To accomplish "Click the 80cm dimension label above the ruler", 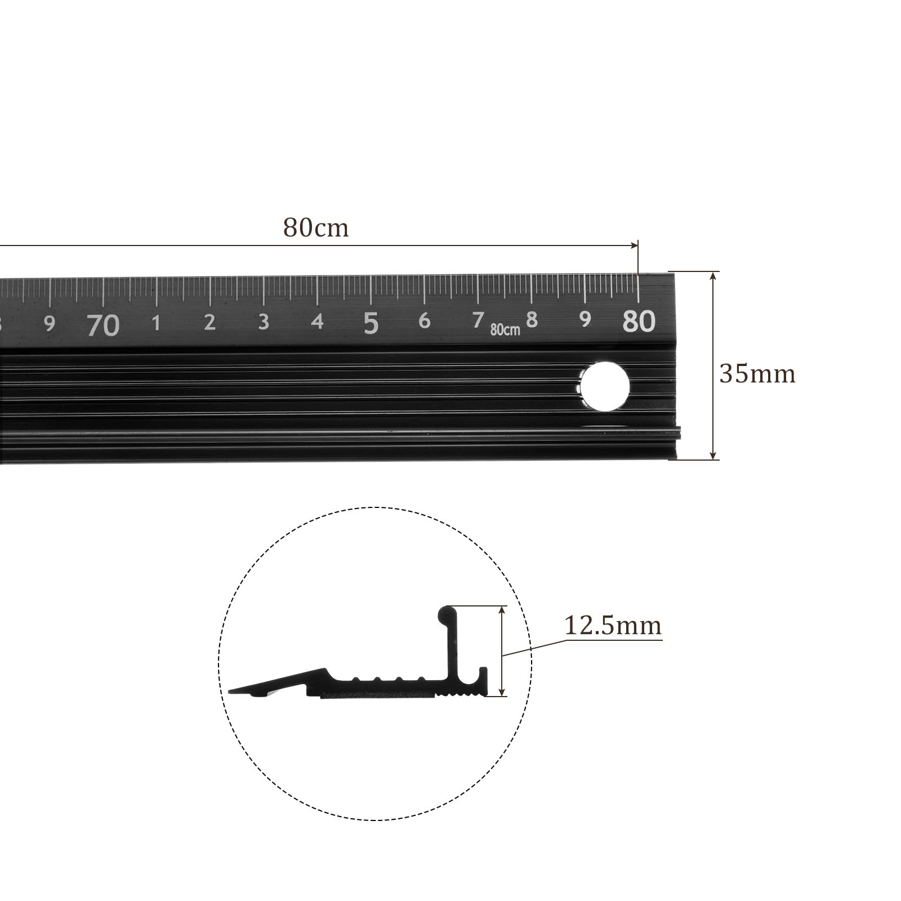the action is click(316, 228).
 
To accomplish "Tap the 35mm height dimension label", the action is click(757, 374).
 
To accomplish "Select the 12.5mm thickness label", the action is click(613, 626).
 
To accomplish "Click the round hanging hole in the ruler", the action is click(605, 388).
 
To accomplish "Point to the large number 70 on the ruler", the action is click(104, 325).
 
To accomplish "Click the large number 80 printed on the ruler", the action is click(639, 321).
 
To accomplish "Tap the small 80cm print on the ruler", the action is click(505, 329).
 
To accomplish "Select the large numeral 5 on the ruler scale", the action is click(371, 323).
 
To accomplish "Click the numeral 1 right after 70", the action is click(157, 323).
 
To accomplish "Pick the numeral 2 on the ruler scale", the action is click(209, 322).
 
